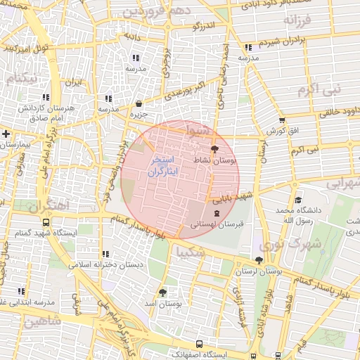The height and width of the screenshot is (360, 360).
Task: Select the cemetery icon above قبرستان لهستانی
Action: [x=215, y=212]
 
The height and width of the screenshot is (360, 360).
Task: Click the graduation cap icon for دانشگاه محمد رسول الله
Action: [x=298, y=200]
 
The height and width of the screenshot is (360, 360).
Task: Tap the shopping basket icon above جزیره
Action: [x=138, y=103]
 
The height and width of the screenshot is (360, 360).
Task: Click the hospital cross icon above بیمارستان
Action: [x=6, y=133]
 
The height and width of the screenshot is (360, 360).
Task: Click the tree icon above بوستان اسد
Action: [x=163, y=292]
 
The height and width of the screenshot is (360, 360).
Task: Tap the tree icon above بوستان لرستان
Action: [x=259, y=260]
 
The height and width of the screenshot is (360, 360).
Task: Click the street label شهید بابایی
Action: [x=231, y=198]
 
